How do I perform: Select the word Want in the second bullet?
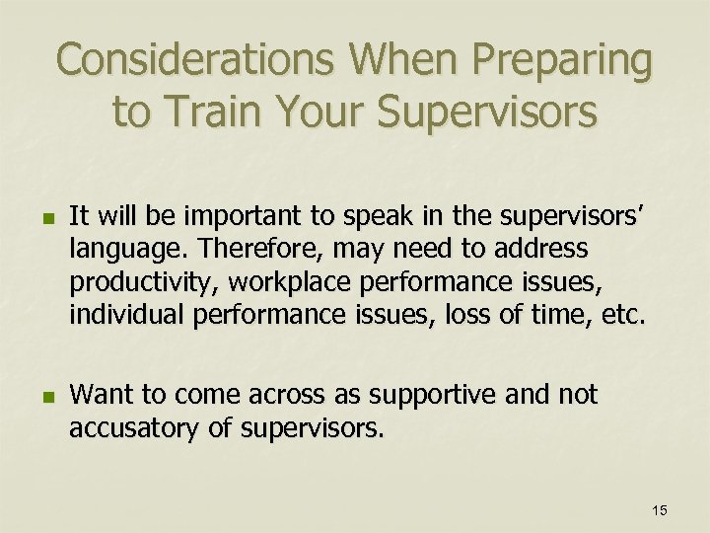click(103, 395)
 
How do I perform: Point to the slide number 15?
click(659, 509)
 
